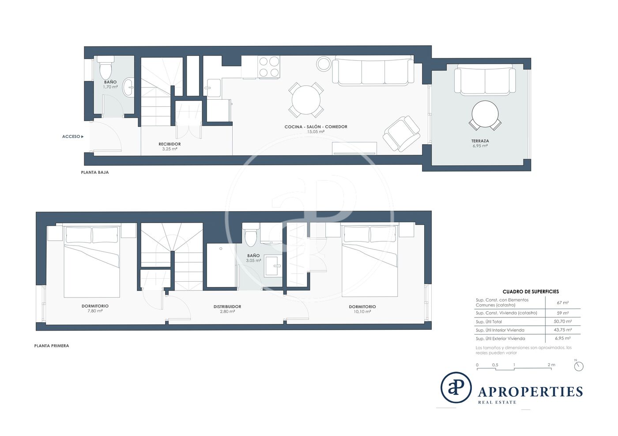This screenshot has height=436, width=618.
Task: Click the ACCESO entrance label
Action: (x=71, y=136)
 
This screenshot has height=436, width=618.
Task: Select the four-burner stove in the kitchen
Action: (x=269, y=67)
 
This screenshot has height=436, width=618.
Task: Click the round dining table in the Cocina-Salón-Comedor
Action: (x=306, y=100)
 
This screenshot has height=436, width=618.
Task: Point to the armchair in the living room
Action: (x=401, y=134)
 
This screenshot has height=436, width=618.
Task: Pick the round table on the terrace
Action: (x=485, y=114)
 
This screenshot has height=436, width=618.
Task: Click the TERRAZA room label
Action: (x=480, y=141)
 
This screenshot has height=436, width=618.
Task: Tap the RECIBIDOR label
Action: (x=170, y=144)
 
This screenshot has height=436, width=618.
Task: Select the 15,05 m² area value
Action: (x=316, y=132)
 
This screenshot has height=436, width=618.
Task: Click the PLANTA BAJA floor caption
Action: (x=95, y=172)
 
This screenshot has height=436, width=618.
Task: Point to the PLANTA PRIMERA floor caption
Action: (x=52, y=346)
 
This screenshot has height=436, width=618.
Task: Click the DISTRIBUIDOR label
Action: (x=227, y=306)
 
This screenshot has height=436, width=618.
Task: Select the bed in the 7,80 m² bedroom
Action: (x=92, y=261)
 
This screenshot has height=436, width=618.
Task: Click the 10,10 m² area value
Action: (x=362, y=311)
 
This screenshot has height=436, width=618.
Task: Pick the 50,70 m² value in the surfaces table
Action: (x=563, y=321)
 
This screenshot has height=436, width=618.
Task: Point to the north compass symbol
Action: (x=579, y=366)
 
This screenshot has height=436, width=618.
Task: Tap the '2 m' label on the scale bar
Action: (x=551, y=365)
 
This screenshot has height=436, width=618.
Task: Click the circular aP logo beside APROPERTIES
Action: (x=456, y=388)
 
